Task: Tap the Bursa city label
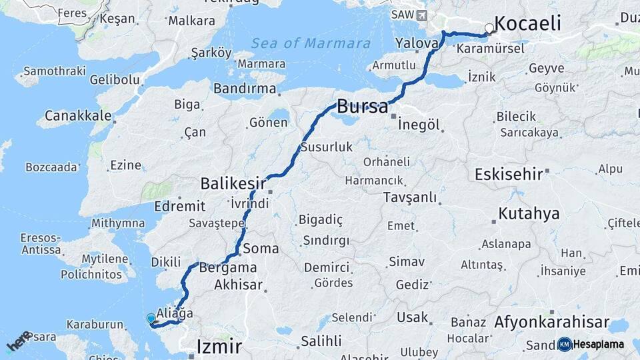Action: (x=363, y=107)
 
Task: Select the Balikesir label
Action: (x=233, y=183)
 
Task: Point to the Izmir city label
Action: (x=219, y=346)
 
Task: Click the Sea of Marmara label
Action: (x=311, y=44)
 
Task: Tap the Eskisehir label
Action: (x=509, y=175)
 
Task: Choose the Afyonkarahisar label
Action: (x=551, y=323)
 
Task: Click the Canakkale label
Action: (x=78, y=116)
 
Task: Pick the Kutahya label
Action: (x=529, y=215)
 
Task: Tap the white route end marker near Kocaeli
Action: (x=489, y=29)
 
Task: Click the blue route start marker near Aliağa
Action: (x=151, y=319)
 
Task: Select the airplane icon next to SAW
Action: (x=421, y=15)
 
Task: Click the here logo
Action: (x=18, y=341)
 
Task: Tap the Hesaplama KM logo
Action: (x=591, y=344)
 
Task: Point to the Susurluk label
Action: (x=326, y=147)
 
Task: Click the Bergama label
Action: (x=227, y=267)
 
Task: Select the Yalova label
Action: (x=417, y=43)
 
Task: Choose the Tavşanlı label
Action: (x=410, y=197)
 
